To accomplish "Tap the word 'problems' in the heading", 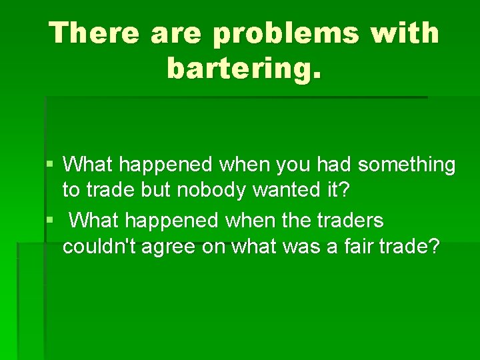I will click(279, 34).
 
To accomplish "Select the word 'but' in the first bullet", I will click(157, 191).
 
